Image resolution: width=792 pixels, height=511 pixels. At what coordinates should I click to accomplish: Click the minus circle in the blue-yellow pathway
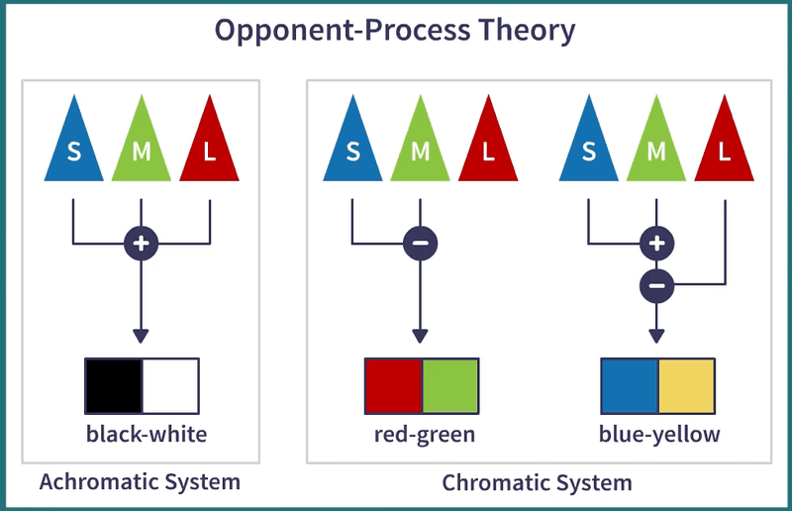click(x=656, y=286)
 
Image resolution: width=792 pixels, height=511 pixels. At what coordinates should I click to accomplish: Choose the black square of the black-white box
click(x=114, y=386)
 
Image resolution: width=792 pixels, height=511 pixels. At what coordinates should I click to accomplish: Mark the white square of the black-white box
click(x=170, y=386)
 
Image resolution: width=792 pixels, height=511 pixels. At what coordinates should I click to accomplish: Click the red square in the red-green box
click(x=394, y=386)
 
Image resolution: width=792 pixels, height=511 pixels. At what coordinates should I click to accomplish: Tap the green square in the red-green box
click(x=450, y=386)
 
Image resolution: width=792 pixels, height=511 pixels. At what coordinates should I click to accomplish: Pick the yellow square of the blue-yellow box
click(x=685, y=386)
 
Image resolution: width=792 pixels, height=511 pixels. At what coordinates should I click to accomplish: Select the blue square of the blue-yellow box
click(x=630, y=386)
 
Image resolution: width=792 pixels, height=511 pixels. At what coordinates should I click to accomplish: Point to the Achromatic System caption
click(x=140, y=482)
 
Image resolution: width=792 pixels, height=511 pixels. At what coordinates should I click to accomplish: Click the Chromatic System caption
click(x=537, y=483)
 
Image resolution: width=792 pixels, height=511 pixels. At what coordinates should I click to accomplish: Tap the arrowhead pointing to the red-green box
click(x=420, y=337)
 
